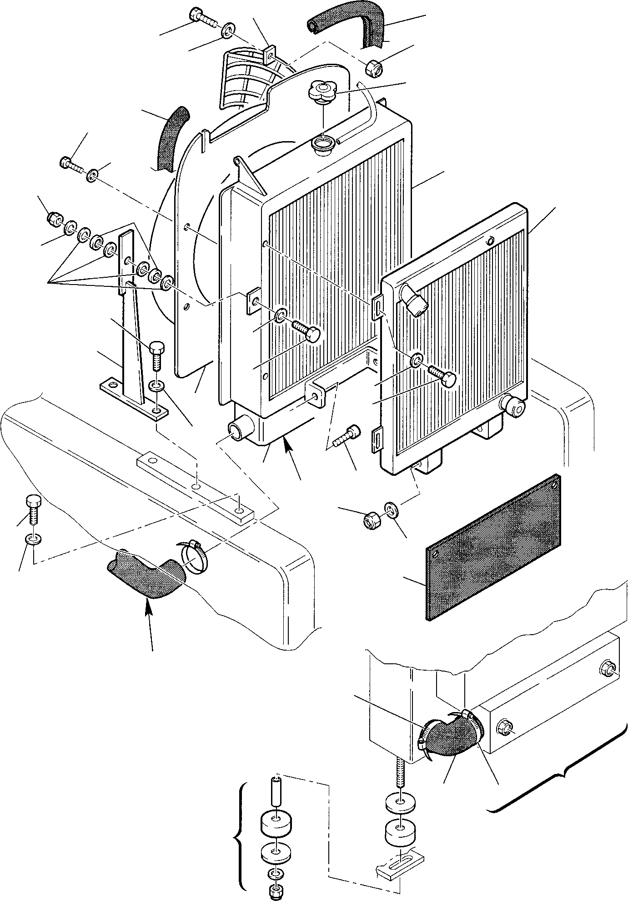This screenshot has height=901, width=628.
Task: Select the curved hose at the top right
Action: click(x=350, y=25)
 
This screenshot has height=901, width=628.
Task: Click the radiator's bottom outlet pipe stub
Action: click(x=239, y=430)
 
